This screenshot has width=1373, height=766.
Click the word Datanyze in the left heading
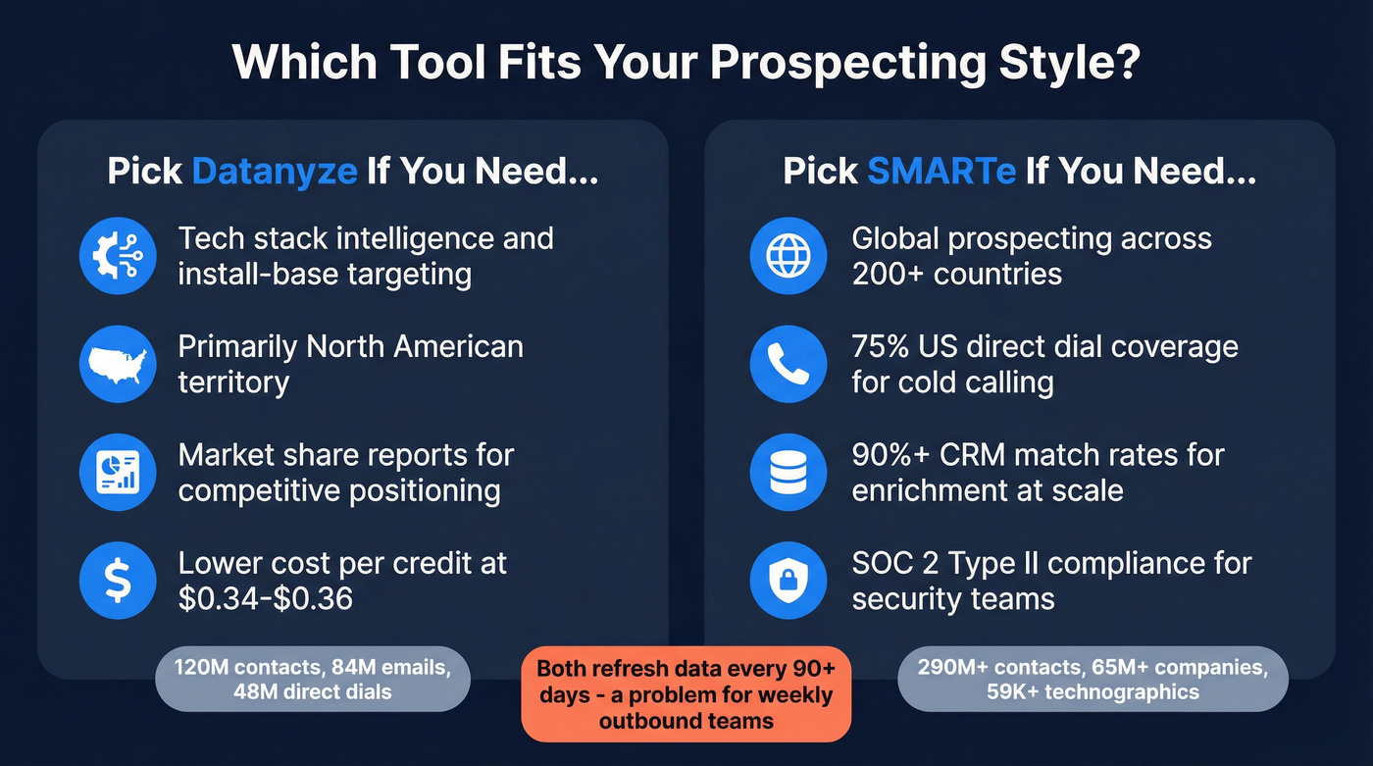coord(275,172)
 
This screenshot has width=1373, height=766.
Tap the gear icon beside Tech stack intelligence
coord(118,255)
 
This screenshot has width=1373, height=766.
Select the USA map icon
coord(118,364)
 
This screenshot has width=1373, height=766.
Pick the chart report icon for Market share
coord(118,472)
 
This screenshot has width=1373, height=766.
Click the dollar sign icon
coord(118,581)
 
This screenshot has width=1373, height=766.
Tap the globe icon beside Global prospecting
coord(788,255)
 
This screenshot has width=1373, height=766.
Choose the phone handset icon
coord(788,364)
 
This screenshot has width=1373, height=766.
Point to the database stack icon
coord(788,472)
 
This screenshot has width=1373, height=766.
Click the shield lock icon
coord(788,581)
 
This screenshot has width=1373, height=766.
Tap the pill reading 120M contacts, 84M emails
coord(312,679)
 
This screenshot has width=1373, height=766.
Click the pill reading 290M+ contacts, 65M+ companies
coord(1093,679)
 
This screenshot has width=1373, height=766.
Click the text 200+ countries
coord(956,274)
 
